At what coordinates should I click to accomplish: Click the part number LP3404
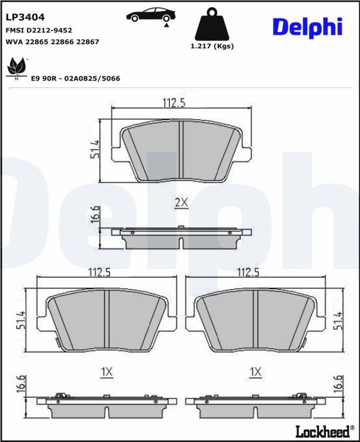click(x=25, y=18)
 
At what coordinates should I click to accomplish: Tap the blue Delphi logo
click(x=307, y=28)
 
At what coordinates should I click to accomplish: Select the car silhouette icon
click(x=151, y=15)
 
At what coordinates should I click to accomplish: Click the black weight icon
click(x=212, y=24)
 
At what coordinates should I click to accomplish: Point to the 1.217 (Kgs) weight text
click(x=212, y=46)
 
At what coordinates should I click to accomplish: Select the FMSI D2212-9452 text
click(x=39, y=30)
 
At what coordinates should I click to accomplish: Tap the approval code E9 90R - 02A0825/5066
click(x=76, y=78)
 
